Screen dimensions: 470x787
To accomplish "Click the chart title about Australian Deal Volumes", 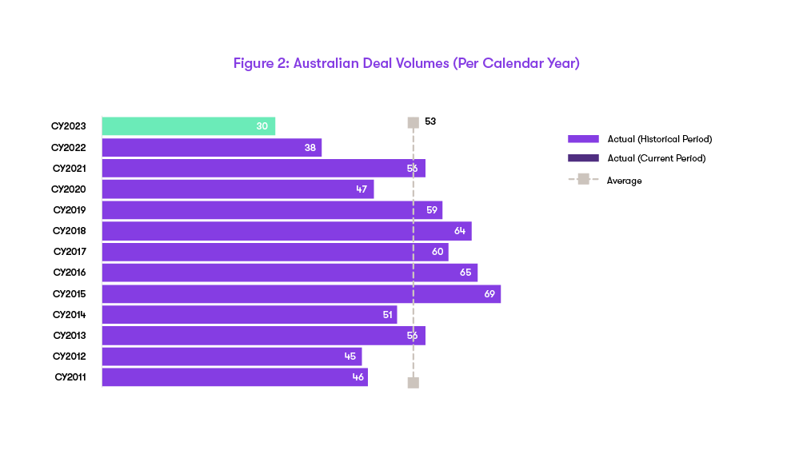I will point(406,63).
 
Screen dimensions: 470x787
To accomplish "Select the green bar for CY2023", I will point(189,126).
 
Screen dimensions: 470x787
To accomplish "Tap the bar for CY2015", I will point(302,294).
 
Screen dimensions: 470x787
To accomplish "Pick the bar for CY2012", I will point(232,356).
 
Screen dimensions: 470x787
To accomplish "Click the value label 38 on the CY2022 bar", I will point(310,148).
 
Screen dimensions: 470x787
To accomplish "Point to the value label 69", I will point(489,294).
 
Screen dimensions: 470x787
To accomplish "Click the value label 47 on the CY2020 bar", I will point(362,189).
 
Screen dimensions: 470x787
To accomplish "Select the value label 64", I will point(460,231).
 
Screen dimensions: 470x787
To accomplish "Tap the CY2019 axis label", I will point(70,210).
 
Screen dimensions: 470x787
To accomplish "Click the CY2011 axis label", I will point(70,376).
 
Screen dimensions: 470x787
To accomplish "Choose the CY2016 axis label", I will point(70,273).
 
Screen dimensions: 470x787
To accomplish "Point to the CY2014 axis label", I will point(70,315).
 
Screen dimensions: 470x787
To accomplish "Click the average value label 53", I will point(430,121).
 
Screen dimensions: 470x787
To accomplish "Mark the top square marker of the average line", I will point(413,122).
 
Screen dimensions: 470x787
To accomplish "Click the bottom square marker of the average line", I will point(413,383).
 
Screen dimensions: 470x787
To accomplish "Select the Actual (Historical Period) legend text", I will point(659,139).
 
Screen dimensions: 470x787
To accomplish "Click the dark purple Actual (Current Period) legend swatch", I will point(583,158).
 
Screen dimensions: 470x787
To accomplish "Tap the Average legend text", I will point(624,181).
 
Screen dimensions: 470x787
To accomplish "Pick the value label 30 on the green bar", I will point(262,126).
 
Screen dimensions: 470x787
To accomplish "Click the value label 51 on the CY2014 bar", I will point(388,315).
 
